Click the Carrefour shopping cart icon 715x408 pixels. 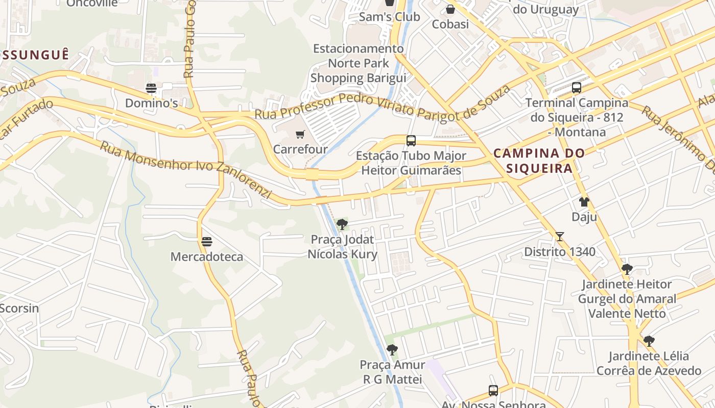(x=300, y=135)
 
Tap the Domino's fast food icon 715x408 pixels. (x=151, y=88)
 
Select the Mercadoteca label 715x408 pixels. (x=207, y=257)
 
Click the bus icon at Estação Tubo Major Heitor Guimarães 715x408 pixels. (x=411, y=141)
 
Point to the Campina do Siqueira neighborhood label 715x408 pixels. (x=539, y=161)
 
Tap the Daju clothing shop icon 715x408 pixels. (x=584, y=202)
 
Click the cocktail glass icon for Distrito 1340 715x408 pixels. (x=560, y=237)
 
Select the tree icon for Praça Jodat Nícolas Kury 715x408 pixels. (x=342, y=224)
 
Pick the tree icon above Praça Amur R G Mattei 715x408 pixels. (x=392, y=350)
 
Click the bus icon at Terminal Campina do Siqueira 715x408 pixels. (x=577, y=88)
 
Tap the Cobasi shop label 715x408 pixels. (x=450, y=24)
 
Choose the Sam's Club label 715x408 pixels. (x=389, y=17)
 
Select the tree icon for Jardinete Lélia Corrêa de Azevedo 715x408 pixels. (x=649, y=341)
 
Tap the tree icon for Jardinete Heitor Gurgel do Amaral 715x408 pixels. (x=627, y=269)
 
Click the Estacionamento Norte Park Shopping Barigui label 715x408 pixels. (x=359, y=63)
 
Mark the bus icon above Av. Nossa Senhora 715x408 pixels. (x=493, y=391)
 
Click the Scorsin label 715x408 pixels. (x=19, y=308)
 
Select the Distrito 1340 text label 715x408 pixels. (x=560, y=251)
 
